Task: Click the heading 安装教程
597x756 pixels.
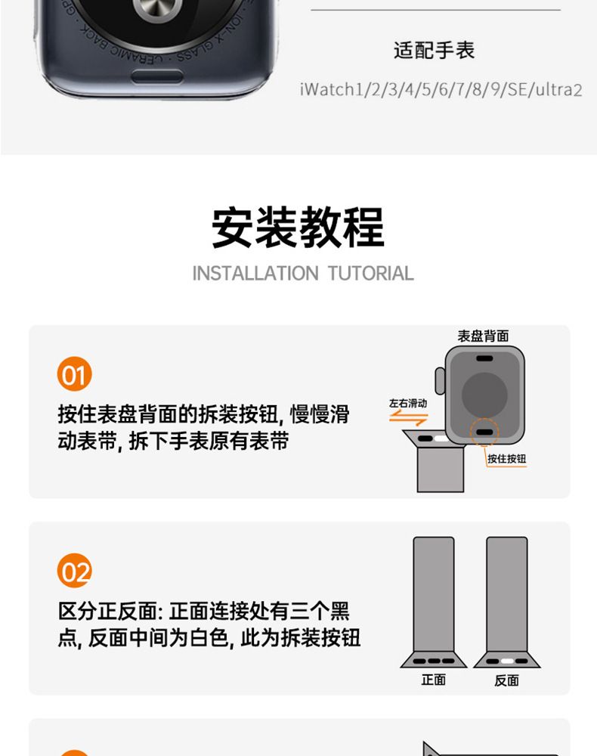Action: click(298, 227)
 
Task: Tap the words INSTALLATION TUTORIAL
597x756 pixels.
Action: click(303, 274)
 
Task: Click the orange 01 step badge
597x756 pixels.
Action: click(74, 373)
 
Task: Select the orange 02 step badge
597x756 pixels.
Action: click(74, 570)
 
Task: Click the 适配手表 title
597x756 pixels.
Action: click(434, 50)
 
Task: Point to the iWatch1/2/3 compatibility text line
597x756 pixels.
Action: click(441, 90)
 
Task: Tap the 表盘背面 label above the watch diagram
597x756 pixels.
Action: click(483, 336)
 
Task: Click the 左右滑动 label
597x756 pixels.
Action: click(408, 403)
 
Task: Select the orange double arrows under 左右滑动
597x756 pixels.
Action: click(408, 418)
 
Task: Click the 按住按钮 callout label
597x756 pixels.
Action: click(506, 459)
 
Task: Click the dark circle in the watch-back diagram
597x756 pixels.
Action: click(484, 394)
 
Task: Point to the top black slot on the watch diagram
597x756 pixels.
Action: click(484, 358)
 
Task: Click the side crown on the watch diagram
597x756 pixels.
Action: click(440, 381)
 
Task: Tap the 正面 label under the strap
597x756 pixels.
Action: click(433, 680)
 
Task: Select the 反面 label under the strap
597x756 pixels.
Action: click(506, 680)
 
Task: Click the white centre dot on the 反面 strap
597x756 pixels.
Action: click(507, 661)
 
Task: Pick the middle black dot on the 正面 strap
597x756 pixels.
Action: click(434, 661)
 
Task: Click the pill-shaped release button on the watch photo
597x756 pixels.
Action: click(157, 76)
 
